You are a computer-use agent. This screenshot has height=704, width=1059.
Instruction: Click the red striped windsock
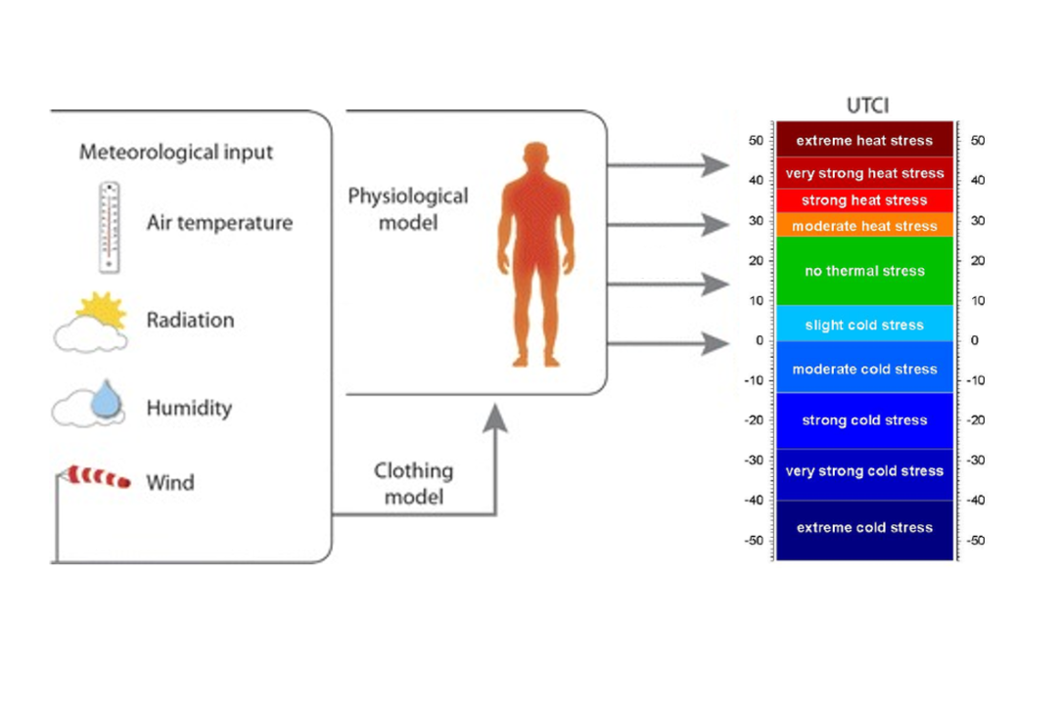click(x=97, y=478)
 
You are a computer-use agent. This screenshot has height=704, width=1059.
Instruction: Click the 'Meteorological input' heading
click(x=176, y=153)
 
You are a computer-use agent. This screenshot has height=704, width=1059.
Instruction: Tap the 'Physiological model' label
click(x=408, y=209)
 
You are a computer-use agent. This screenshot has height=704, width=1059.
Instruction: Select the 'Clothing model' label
click(x=413, y=483)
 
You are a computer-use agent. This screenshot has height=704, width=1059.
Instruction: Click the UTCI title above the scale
click(x=866, y=106)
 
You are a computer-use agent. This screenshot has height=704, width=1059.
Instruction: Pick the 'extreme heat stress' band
click(x=864, y=140)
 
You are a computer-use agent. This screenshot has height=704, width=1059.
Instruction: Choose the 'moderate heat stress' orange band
click(x=864, y=226)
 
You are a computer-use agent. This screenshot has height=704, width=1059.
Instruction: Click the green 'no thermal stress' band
click(x=864, y=271)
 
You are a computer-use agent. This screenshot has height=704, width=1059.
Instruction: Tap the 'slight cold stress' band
click(x=864, y=325)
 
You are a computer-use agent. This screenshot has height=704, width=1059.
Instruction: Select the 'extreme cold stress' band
click(x=864, y=528)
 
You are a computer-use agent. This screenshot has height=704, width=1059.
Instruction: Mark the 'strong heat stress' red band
click(x=864, y=200)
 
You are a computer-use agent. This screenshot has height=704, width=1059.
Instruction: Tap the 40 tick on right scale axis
click(x=978, y=181)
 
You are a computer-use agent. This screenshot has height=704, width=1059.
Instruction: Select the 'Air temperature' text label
click(x=219, y=223)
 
